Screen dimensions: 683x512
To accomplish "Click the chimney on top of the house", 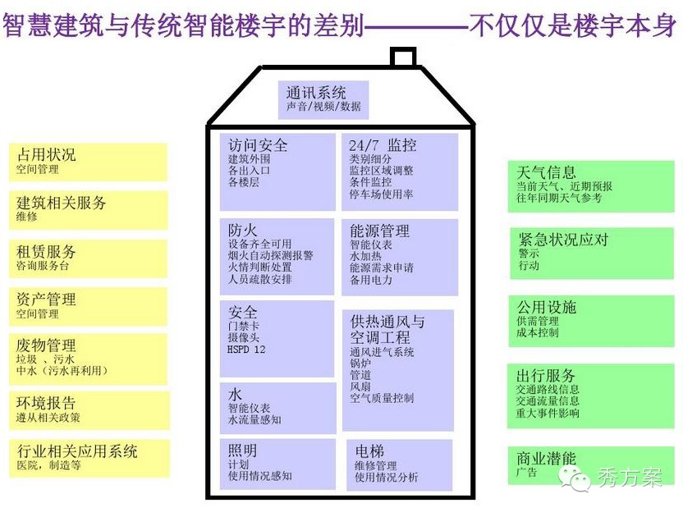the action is click(x=402, y=58).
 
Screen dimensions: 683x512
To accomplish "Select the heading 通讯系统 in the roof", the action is click(x=316, y=92).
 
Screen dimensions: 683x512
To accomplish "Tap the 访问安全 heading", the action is click(x=258, y=145).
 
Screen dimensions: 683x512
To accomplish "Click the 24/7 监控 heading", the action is click(x=383, y=145).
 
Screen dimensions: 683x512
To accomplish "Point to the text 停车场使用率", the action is click(x=381, y=195).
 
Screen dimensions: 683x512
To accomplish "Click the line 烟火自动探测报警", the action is click(x=271, y=255).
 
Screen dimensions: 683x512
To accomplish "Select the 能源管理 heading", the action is click(x=379, y=231).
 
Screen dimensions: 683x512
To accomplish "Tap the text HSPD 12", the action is click(x=247, y=349).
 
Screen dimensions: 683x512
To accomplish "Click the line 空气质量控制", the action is click(x=382, y=398).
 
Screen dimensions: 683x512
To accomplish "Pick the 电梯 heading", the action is click(x=369, y=451).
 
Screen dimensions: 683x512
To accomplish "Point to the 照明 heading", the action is click(x=243, y=450).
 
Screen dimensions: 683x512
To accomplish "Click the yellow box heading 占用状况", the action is click(x=46, y=154).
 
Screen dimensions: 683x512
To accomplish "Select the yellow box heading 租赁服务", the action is click(x=46, y=252).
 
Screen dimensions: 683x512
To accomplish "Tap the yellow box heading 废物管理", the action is click(x=46, y=345).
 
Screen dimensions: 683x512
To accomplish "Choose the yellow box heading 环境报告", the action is click(x=46, y=403).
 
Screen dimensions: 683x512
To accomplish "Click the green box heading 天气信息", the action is click(x=547, y=172).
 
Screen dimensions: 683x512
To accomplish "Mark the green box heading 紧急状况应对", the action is click(x=563, y=240).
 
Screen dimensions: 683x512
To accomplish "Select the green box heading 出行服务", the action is click(x=546, y=375).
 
